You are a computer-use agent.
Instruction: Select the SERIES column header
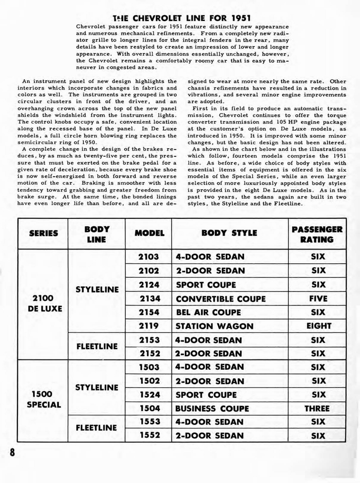[43, 233]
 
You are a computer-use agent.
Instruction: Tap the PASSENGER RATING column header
[317, 234]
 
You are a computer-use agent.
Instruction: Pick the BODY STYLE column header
[229, 233]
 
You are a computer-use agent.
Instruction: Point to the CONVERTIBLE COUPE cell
[220, 299]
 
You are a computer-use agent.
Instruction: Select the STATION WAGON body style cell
[214, 326]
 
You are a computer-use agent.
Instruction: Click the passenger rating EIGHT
[319, 326]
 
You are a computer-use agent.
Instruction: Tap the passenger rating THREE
[317, 408]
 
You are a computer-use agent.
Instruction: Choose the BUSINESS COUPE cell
[212, 408]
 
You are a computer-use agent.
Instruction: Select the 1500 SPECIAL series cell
[43, 400]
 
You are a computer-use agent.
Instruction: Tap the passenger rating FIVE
[318, 299]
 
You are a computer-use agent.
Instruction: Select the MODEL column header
[149, 233]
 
